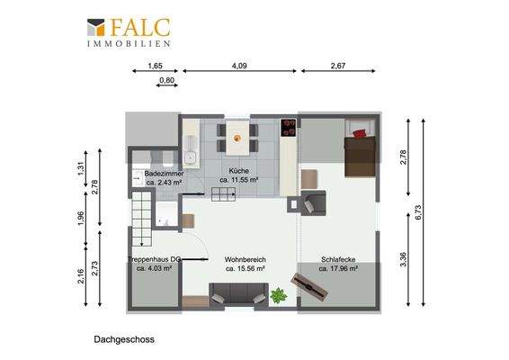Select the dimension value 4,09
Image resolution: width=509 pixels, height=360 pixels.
tap(239, 65)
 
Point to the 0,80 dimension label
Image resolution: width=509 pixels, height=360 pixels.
tap(166, 81)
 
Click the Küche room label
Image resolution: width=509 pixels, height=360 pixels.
tap(238, 170)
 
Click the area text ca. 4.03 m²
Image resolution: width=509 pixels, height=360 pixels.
tap(155, 268)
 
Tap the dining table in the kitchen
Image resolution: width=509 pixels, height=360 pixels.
tap(237, 139)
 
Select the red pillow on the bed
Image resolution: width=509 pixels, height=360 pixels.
tap(362, 133)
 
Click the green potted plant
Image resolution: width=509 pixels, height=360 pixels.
tap(278, 293)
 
